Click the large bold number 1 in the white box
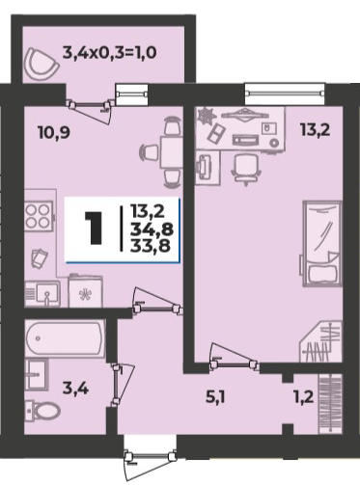pos(96,227)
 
